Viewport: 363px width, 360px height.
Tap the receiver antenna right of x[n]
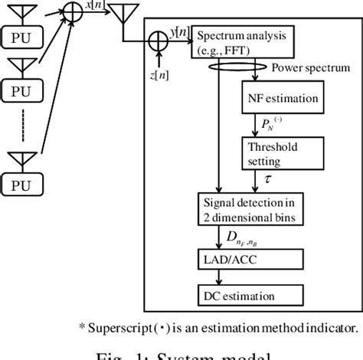pos(119,16)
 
